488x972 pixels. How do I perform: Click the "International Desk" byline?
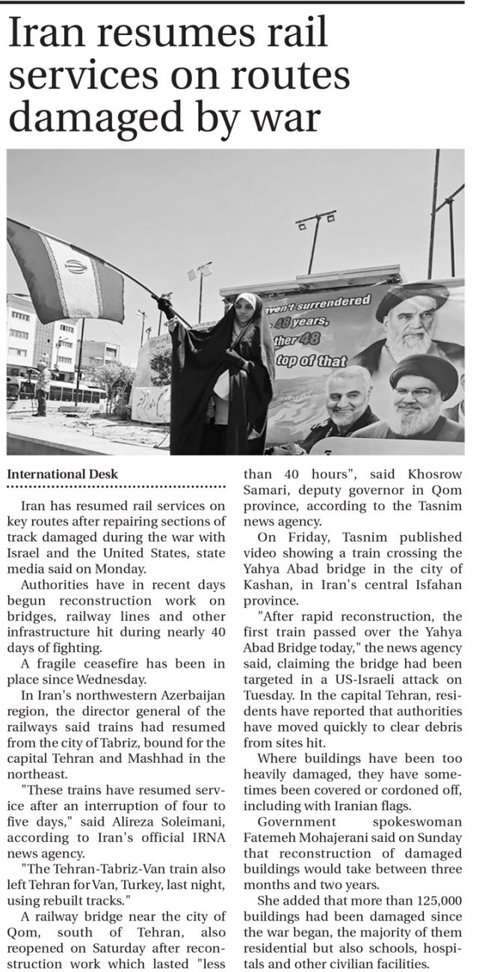(x=63, y=474)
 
